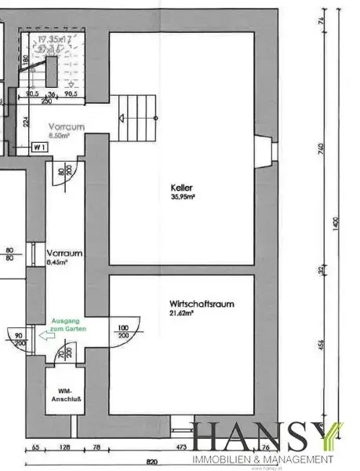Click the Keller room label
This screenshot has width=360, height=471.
pyautogui.click(x=181, y=188)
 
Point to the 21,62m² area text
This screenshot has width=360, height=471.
pyautogui.click(x=181, y=313)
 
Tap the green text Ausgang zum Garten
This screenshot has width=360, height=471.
pyautogui.click(x=69, y=326)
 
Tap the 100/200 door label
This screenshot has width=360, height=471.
pyautogui.click(x=122, y=331)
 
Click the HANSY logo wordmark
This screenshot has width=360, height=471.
pyautogui.click(x=264, y=438)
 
